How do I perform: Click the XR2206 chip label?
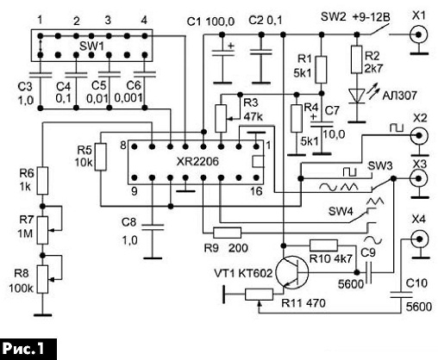pyautogui.click(x=197, y=162)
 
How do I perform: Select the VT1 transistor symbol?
pyautogui.click(x=291, y=272)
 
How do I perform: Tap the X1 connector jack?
pyautogui.click(x=419, y=35)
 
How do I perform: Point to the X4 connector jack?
pyautogui.click(x=419, y=239)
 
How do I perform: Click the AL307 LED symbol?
pyautogui.click(x=356, y=96)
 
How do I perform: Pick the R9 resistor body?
pyautogui.click(x=227, y=233)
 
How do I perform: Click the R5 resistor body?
pyautogui.click(x=101, y=157)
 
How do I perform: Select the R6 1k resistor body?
pyautogui.click(x=43, y=181)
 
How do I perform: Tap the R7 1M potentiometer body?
pyautogui.click(x=43, y=230)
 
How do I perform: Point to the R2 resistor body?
pyautogui.click(x=356, y=59)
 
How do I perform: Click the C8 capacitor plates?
pyautogui.click(x=153, y=227)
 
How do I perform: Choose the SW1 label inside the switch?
pyautogui.click(x=91, y=47)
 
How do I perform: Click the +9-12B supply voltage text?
pyautogui.click(x=372, y=18)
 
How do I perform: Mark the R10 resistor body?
pyautogui.click(x=323, y=245)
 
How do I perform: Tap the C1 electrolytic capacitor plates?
pyautogui.click(x=222, y=53)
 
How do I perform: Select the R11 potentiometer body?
pyautogui.click(x=259, y=295)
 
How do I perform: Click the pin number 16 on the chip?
pyautogui.click(x=256, y=191)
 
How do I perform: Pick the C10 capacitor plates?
pyautogui.click(x=401, y=295)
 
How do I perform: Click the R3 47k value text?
pyautogui.click(x=253, y=117)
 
